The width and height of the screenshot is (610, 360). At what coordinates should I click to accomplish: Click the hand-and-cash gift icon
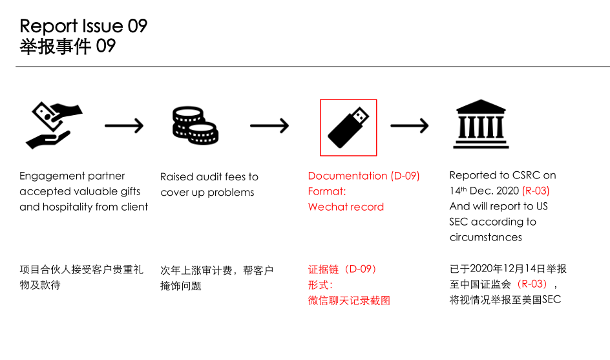point(54,125)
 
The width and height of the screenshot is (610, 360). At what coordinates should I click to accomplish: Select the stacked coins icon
point(195,125)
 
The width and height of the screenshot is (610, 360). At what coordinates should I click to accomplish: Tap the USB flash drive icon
point(348,127)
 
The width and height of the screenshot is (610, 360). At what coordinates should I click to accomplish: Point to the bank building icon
point(481,124)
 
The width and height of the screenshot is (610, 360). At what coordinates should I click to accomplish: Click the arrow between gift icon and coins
point(124,125)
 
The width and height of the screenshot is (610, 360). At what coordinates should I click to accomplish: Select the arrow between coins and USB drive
point(269,125)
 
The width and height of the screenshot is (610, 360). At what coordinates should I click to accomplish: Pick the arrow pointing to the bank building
point(410,125)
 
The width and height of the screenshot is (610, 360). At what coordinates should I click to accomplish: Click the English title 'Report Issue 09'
point(83,26)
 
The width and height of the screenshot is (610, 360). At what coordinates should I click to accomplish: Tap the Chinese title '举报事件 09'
point(67,47)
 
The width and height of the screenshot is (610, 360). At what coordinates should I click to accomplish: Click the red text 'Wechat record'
point(346,207)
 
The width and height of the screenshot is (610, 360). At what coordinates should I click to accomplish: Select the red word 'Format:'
point(327,191)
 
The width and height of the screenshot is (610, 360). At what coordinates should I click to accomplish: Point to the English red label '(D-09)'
point(405,176)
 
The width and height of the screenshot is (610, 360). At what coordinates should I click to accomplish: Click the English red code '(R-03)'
point(536,191)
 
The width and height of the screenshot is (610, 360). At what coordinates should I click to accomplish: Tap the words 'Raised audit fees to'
point(209,176)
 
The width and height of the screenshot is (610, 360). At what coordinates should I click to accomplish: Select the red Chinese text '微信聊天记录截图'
point(349,301)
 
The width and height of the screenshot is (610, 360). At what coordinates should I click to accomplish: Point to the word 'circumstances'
point(486,237)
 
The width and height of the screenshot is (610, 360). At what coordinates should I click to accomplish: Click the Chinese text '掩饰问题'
point(181,286)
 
